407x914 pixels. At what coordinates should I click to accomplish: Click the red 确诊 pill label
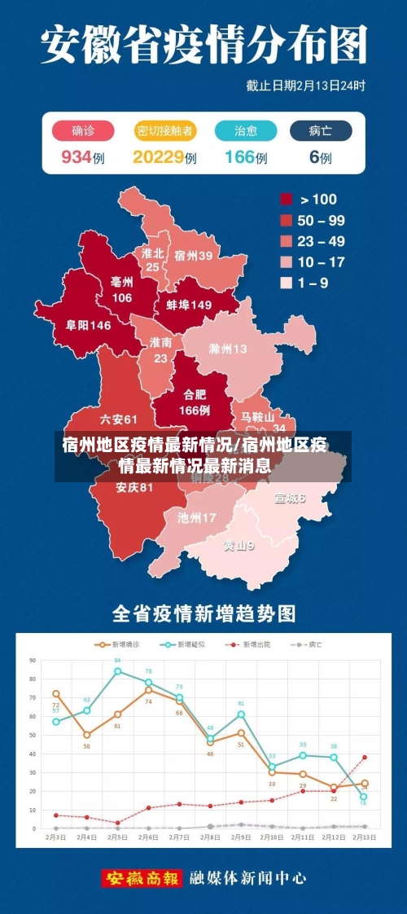coord(82,130)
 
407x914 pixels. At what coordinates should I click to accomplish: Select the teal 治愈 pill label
coord(245,130)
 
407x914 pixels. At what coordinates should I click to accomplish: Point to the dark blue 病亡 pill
coord(321,130)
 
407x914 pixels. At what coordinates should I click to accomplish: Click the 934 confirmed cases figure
coord(76,157)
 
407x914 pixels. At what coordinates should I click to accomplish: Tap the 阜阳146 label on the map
coord(89,324)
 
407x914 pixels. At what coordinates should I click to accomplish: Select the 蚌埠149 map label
coord(189,305)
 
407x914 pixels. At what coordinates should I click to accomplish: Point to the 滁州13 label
coord(228,349)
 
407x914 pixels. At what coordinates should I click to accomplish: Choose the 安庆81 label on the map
coord(134,487)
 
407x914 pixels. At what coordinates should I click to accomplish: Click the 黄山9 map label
coord(239,545)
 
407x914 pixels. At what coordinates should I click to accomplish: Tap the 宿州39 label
coord(194,255)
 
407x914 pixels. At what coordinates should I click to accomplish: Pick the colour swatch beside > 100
coord(287,199)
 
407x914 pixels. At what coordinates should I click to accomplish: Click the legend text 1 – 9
coord(314,283)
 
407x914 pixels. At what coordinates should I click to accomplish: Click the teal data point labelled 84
coord(118,671)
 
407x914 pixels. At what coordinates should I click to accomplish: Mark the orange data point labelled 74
coord(148,690)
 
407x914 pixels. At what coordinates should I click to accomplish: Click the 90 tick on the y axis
coord(33,660)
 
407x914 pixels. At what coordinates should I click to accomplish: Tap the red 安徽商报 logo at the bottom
coord(142,878)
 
